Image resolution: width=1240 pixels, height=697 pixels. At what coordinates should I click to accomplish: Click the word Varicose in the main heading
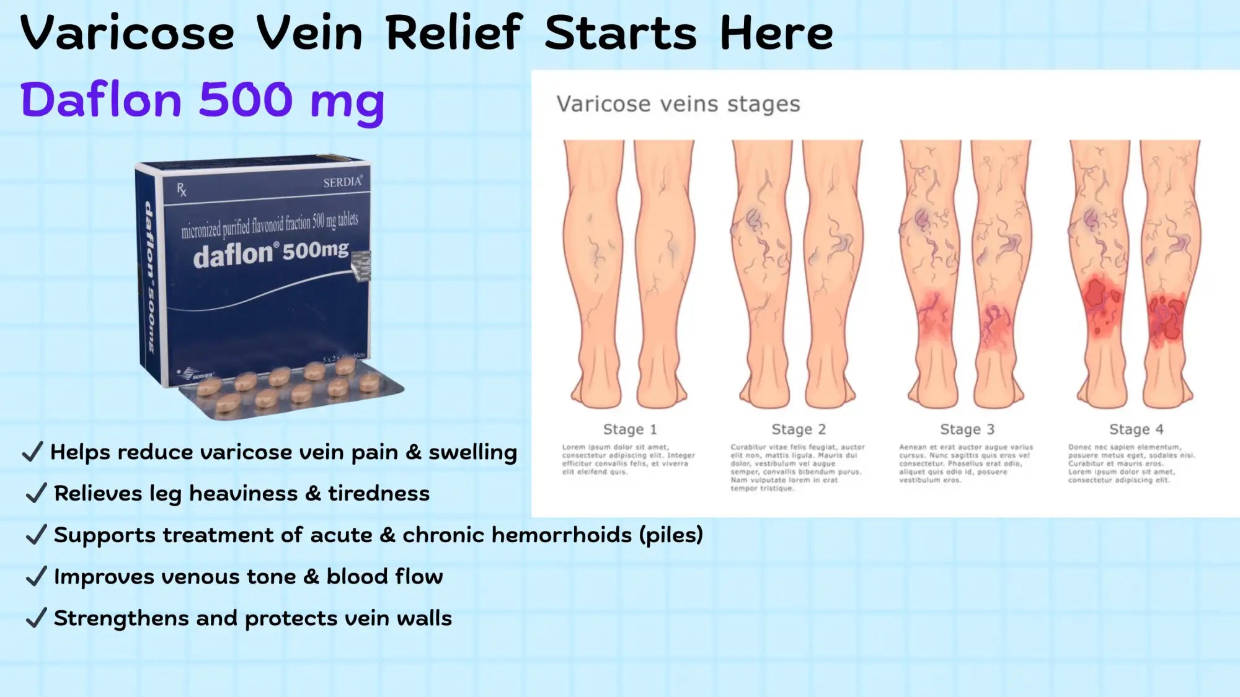(127, 33)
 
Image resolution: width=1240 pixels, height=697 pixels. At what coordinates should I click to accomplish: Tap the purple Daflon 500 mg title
(202, 100)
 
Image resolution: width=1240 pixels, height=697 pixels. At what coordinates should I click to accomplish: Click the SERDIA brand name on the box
(342, 182)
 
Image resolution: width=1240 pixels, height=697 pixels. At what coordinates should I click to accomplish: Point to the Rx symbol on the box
(181, 190)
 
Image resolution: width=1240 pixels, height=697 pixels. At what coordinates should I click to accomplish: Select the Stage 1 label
(629, 429)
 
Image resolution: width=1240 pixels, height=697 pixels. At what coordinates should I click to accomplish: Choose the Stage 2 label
(798, 429)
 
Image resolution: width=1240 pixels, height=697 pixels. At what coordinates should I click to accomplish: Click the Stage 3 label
(967, 429)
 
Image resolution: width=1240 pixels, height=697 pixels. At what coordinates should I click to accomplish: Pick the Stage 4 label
(1136, 429)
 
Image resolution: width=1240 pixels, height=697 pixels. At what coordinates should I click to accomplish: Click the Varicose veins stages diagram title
(678, 104)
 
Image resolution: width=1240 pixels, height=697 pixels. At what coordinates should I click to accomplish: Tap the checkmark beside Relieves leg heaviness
(36, 493)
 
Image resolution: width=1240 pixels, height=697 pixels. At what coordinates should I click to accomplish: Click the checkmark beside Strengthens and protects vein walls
(36, 618)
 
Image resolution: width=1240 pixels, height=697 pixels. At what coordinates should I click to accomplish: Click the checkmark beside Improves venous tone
(36, 576)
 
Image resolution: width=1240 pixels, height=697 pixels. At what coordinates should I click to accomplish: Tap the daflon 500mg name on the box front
(270, 253)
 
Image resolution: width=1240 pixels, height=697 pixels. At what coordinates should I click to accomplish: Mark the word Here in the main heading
(776, 33)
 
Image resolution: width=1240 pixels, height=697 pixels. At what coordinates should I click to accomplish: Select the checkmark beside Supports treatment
(36, 535)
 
